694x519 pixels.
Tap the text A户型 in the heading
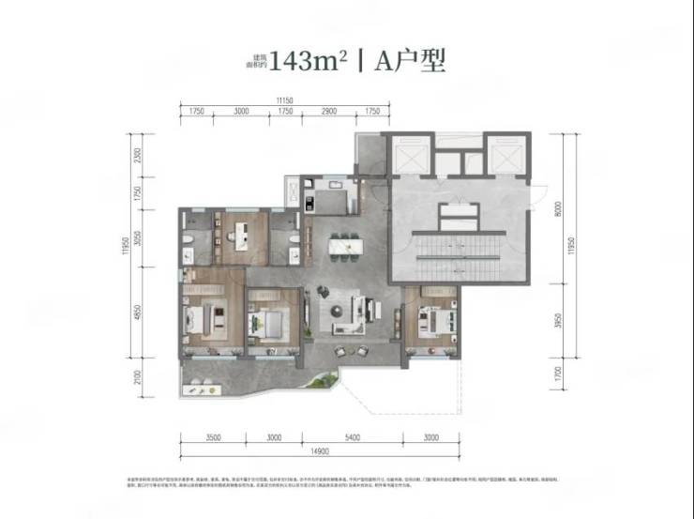tap(409, 62)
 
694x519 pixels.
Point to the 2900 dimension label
tap(328, 112)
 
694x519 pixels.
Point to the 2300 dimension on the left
tap(138, 155)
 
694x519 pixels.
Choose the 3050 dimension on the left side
tap(138, 238)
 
